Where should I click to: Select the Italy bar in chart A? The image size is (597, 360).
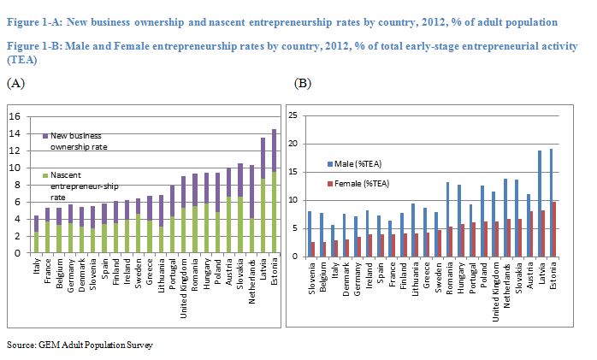[36, 234]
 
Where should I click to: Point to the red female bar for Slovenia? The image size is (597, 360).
[313, 248]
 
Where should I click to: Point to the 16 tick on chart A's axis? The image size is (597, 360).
[14, 116]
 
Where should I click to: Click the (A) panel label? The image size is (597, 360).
[15, 83]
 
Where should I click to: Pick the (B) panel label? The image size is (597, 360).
[303, 83]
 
